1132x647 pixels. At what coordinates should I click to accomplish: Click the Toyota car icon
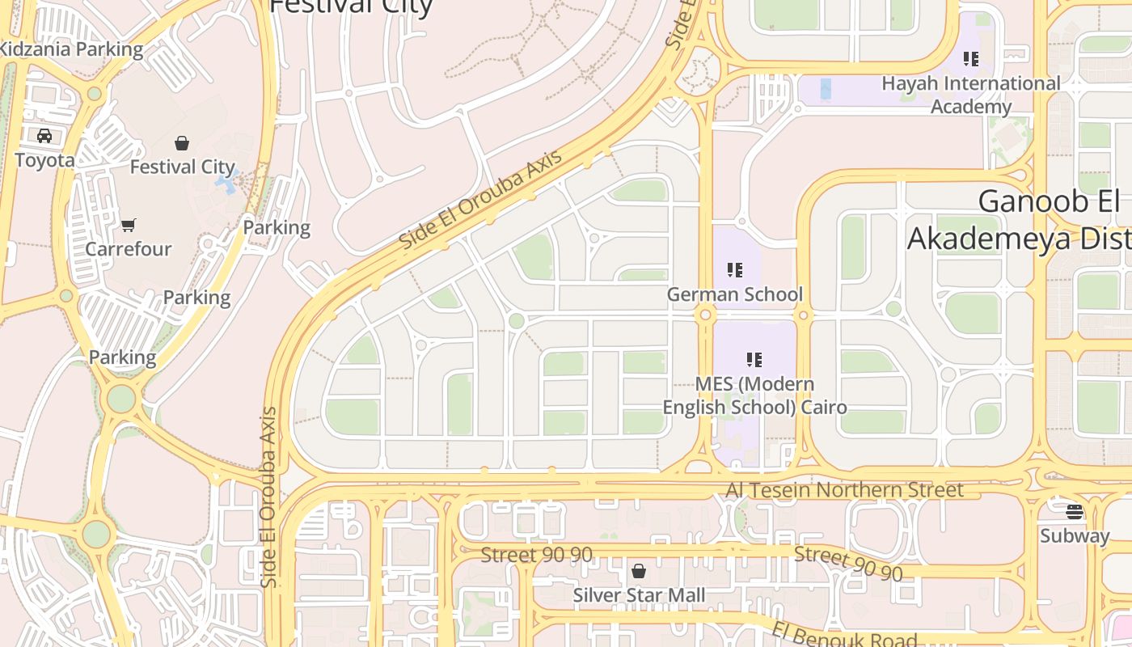pos(44,136)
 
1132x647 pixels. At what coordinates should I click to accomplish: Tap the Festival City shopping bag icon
pos(182,143)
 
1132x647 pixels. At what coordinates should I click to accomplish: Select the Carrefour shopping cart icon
pos(129,225)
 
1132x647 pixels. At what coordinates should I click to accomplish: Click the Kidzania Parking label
pos(71,49)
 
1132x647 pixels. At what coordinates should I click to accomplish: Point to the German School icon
pos(734,270)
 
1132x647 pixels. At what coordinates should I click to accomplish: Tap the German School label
pos(734,294)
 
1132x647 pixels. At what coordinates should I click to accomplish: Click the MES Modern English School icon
pos(754,359)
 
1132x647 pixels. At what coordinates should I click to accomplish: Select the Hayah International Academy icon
pos(971,59)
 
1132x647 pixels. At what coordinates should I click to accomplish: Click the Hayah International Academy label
pos(970,95)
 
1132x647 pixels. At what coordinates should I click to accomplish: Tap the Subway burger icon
pos(1074,511)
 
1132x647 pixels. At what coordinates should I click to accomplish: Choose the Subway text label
pos(1075,535)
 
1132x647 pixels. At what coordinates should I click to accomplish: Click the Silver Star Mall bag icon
pos(639,572)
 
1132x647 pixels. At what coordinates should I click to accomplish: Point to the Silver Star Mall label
pos(639,596)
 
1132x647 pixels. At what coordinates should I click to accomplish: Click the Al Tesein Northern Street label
pos(844,490)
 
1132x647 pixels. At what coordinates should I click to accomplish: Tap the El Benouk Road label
pos(844,635)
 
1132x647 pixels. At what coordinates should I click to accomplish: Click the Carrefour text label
pos(129,249)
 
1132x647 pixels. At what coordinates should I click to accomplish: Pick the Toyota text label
pos(44,160)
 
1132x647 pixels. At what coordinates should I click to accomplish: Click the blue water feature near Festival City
pos(226,184)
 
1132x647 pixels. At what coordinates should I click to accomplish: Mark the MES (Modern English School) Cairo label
pos(754,395)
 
